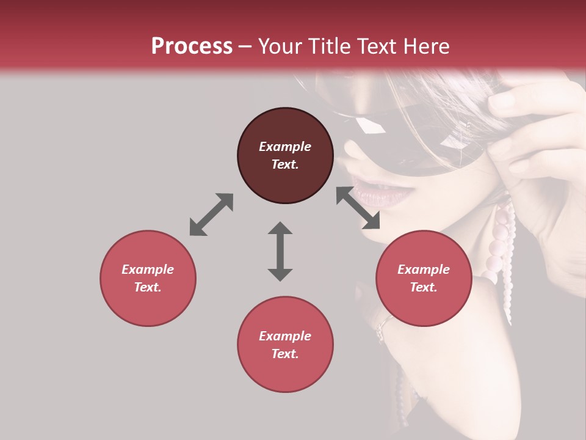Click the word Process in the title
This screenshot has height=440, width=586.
point(192,46)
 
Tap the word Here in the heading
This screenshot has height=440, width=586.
point(427,46)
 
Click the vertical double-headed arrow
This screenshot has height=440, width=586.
point(280,251)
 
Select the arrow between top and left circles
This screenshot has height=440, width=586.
point(211,215)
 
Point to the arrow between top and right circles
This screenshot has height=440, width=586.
point(358,208)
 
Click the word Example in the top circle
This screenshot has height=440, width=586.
point(285,147)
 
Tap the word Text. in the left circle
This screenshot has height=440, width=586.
point(148,287)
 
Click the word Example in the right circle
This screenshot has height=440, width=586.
point(424,269)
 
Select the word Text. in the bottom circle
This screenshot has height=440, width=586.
point(285,354)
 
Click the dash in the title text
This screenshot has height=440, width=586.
point(245,46)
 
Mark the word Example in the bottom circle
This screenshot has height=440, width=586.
point(285,336)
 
